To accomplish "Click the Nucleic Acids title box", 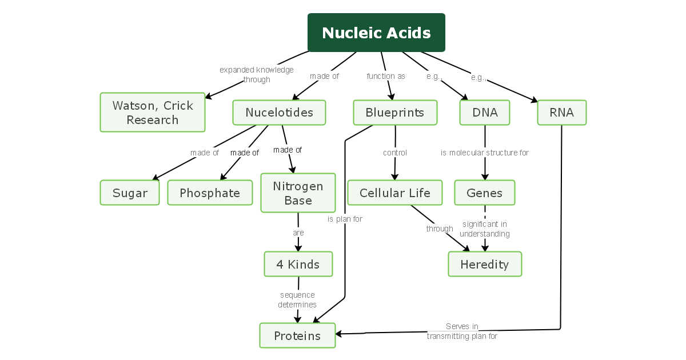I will coord(376,33).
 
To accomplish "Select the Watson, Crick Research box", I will coord(153,113).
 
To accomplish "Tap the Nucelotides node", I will coord(279,113).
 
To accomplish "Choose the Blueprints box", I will coord(395,113).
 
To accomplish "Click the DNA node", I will coord(485,113).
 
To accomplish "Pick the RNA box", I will coord(561,113).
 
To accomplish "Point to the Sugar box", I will coord(130,193).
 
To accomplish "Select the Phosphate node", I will coord(210,193).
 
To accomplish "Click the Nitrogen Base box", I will coord(298,193).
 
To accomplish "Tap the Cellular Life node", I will coord(395,193).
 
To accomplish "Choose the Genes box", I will coord(485,193).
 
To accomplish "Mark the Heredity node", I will coord(485,265).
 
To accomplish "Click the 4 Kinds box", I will coord(298,265).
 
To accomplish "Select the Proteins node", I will coord(297,335).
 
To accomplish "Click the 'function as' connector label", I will coord(386,76).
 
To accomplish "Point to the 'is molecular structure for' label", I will coord(485,153).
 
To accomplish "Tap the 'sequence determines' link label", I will coord(297,300).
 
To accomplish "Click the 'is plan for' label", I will coord(345,219).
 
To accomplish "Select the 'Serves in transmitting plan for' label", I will coord(462,331).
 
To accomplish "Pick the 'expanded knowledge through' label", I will coord(257,75).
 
